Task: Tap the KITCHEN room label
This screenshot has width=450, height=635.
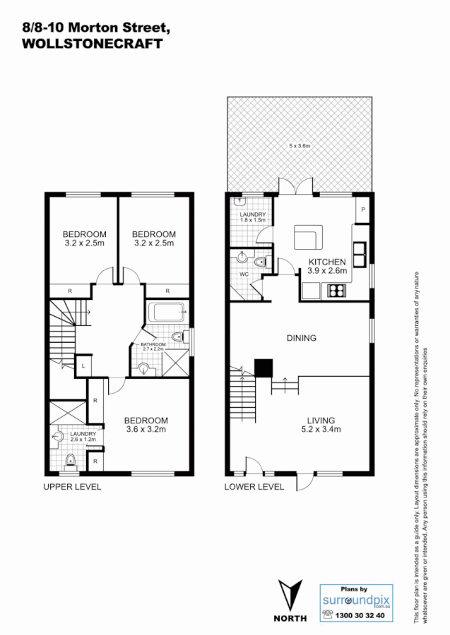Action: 327,261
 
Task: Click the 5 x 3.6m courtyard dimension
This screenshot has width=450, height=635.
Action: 300,145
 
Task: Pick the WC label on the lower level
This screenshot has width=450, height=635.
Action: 243,274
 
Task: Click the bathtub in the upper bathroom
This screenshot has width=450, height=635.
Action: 165,310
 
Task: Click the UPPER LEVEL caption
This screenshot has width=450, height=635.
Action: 72,487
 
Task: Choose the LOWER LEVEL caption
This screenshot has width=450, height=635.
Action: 254,487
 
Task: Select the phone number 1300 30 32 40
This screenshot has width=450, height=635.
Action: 362,615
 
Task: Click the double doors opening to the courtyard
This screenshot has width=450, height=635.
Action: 296,187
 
